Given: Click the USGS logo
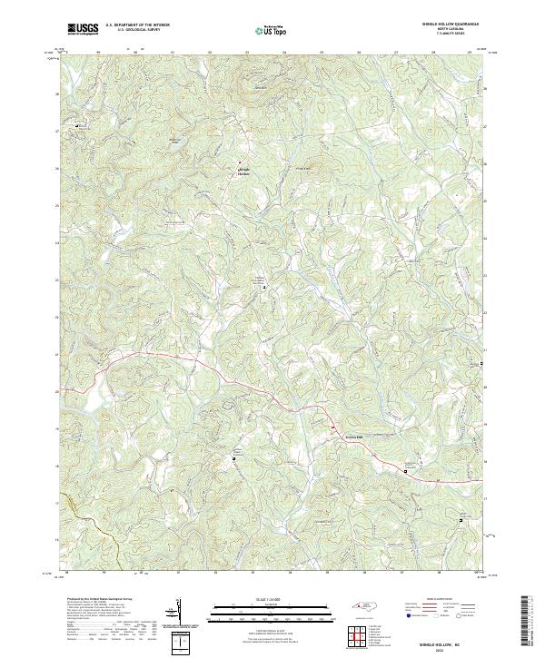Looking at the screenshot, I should (83, 30).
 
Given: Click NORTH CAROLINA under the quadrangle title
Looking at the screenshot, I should (451, 30).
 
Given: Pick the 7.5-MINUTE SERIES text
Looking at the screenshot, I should (451, 34).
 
